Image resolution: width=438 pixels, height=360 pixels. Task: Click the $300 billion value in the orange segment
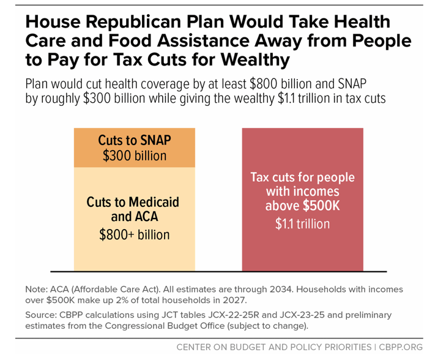coord(135,156)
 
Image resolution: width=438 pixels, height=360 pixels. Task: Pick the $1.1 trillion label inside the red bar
coord(302,223)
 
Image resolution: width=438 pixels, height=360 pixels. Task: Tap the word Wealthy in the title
coord(245,62)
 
